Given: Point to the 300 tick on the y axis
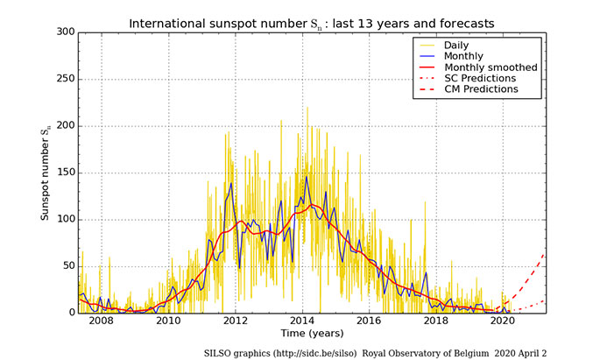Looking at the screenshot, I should coord(64,32).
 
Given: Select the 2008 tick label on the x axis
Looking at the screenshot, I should coord(102,322).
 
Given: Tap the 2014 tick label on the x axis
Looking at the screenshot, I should coord(302,322).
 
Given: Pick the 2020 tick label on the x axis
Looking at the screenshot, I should coord(503,322).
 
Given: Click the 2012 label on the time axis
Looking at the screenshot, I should coord(236,322).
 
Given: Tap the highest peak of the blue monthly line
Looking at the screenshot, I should coord(306,177).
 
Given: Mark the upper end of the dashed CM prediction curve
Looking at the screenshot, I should coord(544,253).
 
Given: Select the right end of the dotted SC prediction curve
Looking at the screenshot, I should coord(544,300).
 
